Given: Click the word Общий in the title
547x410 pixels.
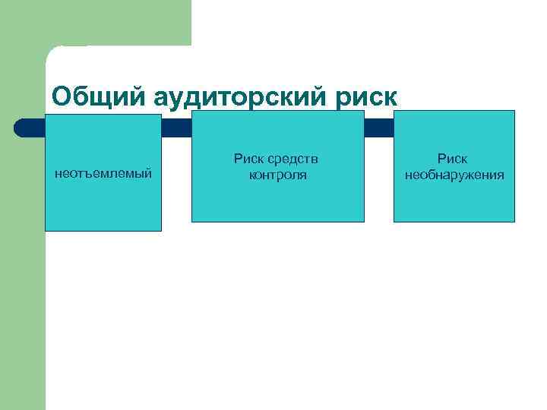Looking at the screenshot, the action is pos(100,96).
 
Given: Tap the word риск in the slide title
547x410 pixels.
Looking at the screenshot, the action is pos(370,97).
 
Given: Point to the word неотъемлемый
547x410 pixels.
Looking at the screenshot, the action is pos(103,175).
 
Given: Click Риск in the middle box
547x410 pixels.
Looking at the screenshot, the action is pos(249,159).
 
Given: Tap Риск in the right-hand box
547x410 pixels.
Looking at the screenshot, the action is pos(454,159).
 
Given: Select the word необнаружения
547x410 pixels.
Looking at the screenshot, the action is pos(454,175).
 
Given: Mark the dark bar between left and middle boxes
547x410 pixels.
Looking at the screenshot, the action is pos(176,128).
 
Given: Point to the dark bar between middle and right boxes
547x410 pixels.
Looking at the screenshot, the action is pos(379,128).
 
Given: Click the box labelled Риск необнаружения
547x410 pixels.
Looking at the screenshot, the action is pos(454,201).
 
